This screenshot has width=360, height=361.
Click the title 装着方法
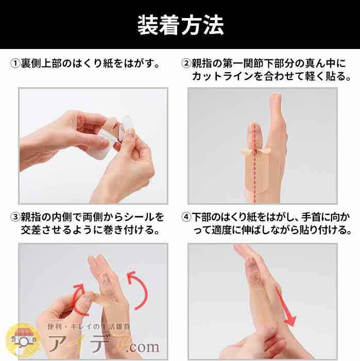pyautogui.click(x=180, y=25)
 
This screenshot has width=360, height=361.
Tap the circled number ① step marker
pyautogui.click(x=15, y=63)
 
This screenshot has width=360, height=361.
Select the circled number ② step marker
pyautogui.click(x=186, y=63)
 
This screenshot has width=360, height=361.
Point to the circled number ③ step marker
pyautogui.click(x=15, y=217)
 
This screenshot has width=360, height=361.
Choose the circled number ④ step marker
pyautogui.click(x=186, y=217)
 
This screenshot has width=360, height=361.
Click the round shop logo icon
pyautogui.click(x=23, y=340)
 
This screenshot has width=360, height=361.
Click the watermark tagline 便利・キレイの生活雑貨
pyautogui.click(x=89, y=326)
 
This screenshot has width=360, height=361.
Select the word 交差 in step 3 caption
pyautogui.click(x=31, y=230)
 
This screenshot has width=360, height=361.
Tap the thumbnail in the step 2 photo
pyautogui.click(x=255, y=132)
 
